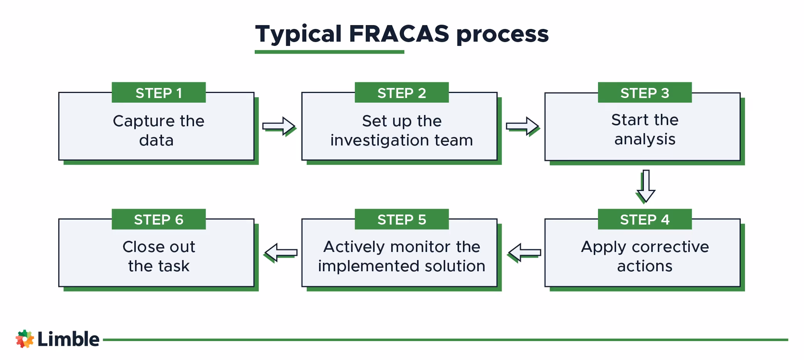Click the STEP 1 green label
pos(159,93)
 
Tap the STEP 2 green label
pos(402,93)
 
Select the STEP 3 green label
pos(645,93)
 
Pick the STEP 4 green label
pos(645,219)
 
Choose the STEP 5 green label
pos(402,219)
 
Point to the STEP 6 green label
pos(159,219)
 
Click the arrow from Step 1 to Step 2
pos(279,126)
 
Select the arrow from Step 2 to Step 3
pos(522,126)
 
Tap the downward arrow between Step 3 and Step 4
pos(646,186)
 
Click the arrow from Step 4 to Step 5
pos(524,253)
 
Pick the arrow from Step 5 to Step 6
pos(281,253)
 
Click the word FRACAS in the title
pos(399,34)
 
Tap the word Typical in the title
pos(298,34)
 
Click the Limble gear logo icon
pos(25,339)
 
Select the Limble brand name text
pos(68,339)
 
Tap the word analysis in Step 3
pos(645,139)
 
